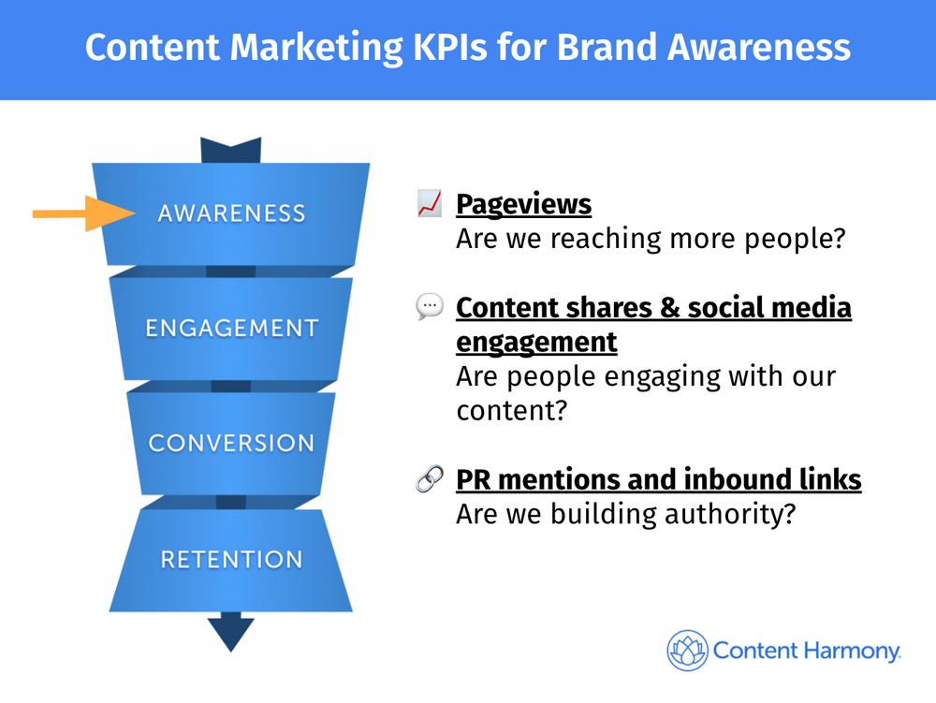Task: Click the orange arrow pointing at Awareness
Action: (x=83, y=213)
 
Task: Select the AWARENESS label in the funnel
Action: (x=231, y=213)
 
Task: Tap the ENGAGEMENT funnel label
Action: (x=231, y=329)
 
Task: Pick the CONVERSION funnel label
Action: (x=231, y=444)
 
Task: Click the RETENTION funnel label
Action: (x=231, y=560)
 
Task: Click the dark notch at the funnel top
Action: (x=231, y=150)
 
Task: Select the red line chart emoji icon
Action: (x=430, y=203)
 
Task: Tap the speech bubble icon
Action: (x=430, y=307)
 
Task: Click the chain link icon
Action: (x=430, y=478)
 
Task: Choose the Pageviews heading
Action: (x=523, y=204)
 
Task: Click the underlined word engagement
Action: (x=536, y=342)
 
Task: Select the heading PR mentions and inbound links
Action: (x=658, y=479)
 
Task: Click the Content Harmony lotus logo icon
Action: (x=688, y=651)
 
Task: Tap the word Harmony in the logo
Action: (x=851, y=652)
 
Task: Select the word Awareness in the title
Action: (x=759, y=47)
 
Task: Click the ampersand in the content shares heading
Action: (x=670, y=308)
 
